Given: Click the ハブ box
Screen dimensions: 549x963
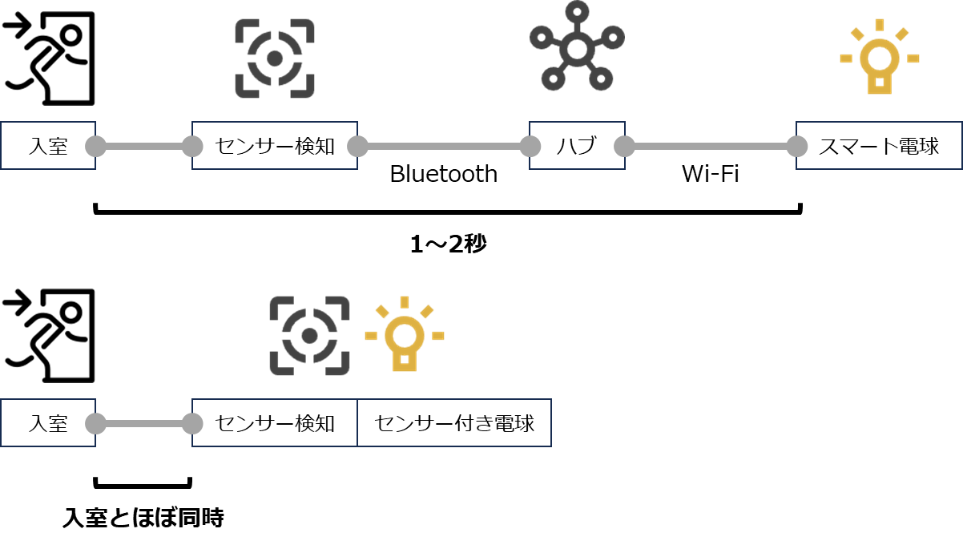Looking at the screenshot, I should click(577, 146).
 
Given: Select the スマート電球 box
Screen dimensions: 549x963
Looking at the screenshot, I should click(878, 146).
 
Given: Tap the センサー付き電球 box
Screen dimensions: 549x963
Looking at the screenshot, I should click(454, 422).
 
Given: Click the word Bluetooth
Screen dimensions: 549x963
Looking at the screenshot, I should click(443, 174).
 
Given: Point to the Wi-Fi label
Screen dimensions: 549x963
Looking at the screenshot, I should click(710, 174).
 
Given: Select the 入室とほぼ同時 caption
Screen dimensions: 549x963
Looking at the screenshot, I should click(143, 519).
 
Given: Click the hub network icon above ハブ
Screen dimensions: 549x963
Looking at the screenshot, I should click(577, 46).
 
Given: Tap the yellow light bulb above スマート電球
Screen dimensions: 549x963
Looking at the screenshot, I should click(879, 58).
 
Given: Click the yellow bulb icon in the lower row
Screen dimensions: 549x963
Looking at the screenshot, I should click(404, 334).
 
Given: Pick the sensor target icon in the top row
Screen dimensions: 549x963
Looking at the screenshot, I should click(275, 59).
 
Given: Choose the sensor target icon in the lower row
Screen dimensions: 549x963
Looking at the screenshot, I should click(309, 336).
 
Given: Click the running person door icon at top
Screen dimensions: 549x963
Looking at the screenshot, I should click(50, 58).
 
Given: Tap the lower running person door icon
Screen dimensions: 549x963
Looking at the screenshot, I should click(50, 335).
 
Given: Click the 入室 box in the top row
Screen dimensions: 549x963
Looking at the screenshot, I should click(48, 146).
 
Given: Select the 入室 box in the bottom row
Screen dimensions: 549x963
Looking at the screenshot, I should click(48, 422).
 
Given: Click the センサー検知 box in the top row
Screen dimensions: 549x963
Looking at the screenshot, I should click(275, 146).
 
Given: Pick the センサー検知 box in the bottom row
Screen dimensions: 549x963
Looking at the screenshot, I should click(275, 422).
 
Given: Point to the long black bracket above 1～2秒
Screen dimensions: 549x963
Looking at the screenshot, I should click(449, 212).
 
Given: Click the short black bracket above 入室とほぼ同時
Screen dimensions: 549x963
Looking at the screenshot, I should click(143, 484).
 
